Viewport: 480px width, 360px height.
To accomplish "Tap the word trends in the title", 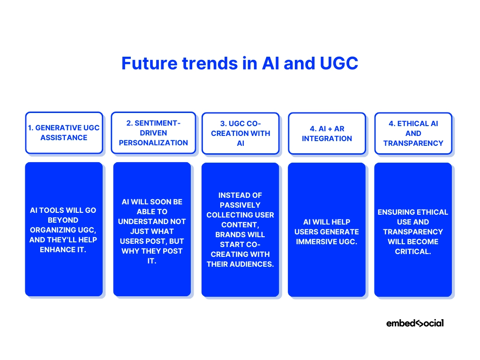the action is (210, 63).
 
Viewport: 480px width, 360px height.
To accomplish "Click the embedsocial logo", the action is (415, 323).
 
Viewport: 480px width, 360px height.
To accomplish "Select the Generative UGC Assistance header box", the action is (64, 133).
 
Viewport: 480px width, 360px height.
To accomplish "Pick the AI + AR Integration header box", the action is (327, 134).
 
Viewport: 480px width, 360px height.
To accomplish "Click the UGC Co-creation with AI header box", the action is (240, 134).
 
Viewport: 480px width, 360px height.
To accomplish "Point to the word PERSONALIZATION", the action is (153, 143).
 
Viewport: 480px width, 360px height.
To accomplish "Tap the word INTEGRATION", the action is (327, 139).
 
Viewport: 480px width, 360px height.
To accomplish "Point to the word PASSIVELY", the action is (240, 205).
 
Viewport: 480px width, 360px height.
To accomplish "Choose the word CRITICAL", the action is (413, 252).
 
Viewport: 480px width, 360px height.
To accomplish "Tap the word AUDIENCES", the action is (252, 264).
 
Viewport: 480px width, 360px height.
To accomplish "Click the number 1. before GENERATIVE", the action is (30, 128).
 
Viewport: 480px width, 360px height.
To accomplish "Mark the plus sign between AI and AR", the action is (330, 129).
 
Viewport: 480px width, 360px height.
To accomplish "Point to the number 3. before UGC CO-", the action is (224, 124).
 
